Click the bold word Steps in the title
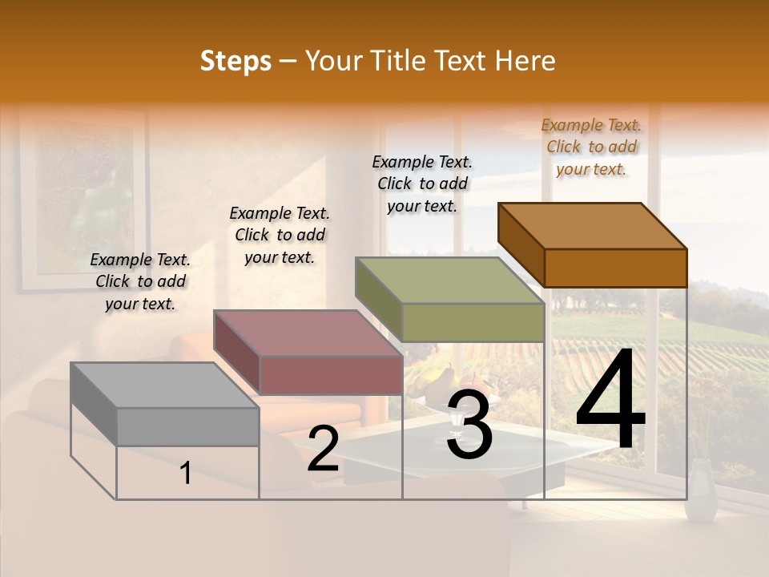click(x=236, y=61)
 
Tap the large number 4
click(x=610, y=401)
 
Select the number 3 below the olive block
click(x=469, y=425)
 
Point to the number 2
click(x=323, y=449)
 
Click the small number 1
click(x=186, y=473)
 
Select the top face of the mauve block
click(x=308, y=333)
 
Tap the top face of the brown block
click(x=593, y=226)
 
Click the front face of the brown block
click(x=615, y=268)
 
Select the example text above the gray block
click(x=140, y=282)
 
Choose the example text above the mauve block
click(x=280, y=236)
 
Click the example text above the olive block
click(x=422, y=184)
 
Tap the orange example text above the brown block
click(x=591, y=147)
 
